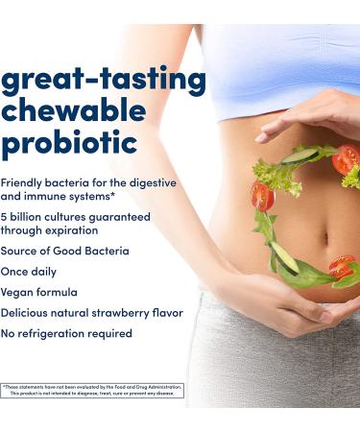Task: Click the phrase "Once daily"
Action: tap(29, 271)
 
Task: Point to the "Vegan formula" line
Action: tap(38, 292)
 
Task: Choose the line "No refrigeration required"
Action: tap(66, 333)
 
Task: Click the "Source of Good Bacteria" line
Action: tap(64, 251)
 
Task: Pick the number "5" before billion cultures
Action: tap(4, 216)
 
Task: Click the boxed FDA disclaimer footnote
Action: tap(92, 390)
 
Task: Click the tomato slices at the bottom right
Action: tap(341, 266)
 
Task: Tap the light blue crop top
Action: tap(288, 62)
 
